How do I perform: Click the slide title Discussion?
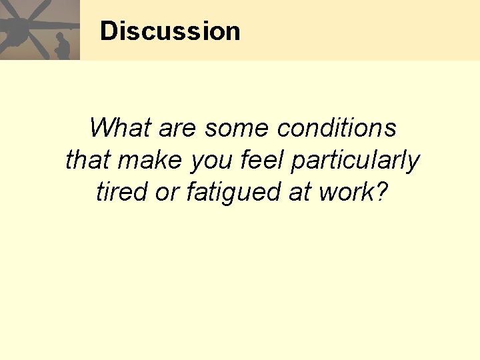[170, 31]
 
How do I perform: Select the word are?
[177, 127]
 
